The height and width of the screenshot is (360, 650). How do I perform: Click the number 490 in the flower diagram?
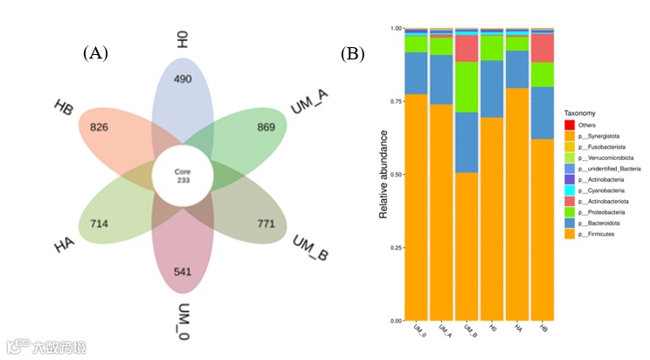[182, 80]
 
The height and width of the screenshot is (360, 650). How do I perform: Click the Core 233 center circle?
[183, 175]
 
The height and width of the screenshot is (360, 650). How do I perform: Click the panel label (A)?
[95, 53]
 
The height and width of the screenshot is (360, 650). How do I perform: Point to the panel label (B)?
[352, 53]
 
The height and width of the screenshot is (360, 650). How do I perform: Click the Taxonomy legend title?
[583, 112]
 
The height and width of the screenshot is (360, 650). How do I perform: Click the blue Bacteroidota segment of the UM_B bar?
[467, 142]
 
